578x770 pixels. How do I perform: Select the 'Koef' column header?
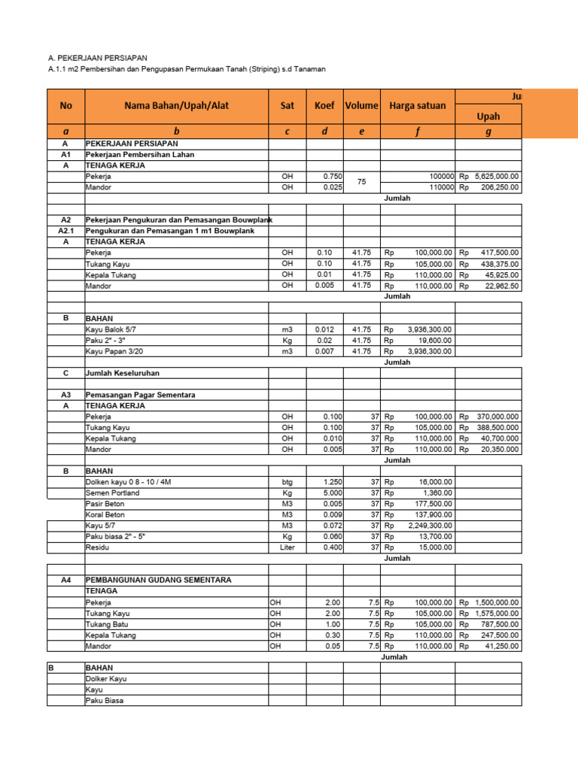tap(324, 106)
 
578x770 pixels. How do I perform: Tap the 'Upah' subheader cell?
tap(488, 116)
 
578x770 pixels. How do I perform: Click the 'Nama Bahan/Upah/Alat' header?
tap(176, 106)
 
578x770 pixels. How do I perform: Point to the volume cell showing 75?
tap(361, 181)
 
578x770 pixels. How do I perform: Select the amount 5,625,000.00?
tap(495, 176)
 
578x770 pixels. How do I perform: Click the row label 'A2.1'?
tap(65, 231)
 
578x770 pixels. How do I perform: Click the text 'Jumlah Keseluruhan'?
tap(122, 373)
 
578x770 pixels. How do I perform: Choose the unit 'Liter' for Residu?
tap(287, 547)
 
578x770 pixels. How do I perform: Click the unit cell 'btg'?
tap(287, 482)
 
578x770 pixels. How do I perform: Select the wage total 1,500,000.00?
tap(497, 602)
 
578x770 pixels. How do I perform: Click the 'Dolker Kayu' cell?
tap(106, 679)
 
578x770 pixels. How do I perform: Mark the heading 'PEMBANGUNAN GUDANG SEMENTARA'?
tap(158, 581)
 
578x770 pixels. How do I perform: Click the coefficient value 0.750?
tap(332, 176)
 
